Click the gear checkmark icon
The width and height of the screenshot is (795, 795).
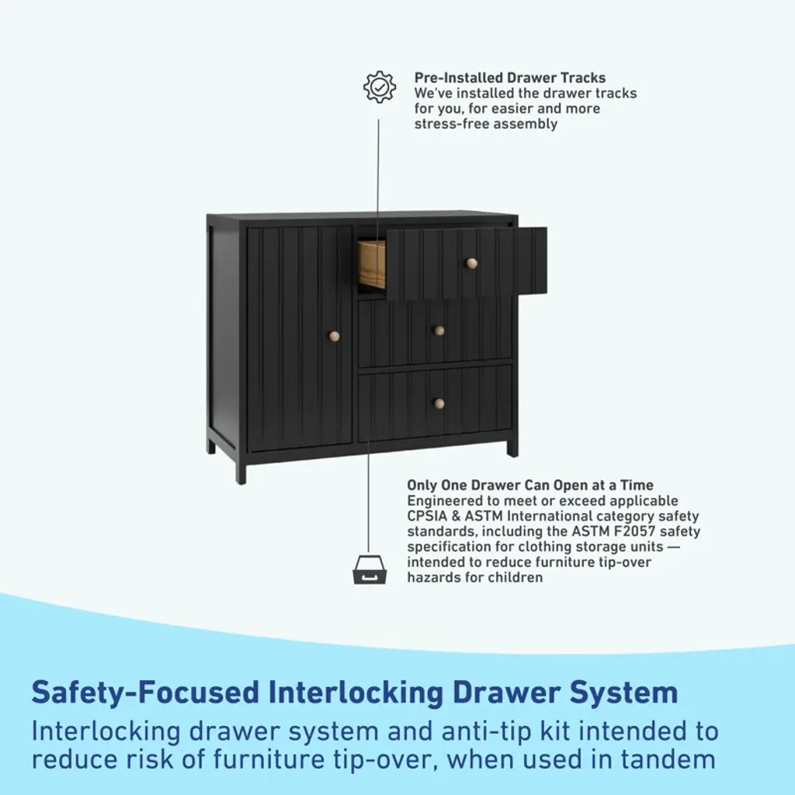[x=380, y=87]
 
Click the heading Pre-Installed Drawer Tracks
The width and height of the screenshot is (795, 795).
[x=509, y=78]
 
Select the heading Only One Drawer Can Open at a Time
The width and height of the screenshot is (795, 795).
[x=529, y=485]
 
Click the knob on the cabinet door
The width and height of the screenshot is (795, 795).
[x=335, y=336]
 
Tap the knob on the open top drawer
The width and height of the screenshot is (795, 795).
[x=470, y=263]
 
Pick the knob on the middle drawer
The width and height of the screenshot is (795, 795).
[x=439, y=331]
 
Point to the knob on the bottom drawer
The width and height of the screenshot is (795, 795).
[x=439, y=403]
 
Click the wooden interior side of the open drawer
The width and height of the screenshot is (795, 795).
[x=371, y=264]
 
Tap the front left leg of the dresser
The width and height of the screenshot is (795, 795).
[x=241, y=472]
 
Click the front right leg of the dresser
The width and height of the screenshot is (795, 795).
[x=512, y=448]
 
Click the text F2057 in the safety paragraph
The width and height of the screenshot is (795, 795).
[x=627, y=532]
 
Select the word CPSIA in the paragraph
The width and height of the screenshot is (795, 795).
[x=428, y=516]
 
